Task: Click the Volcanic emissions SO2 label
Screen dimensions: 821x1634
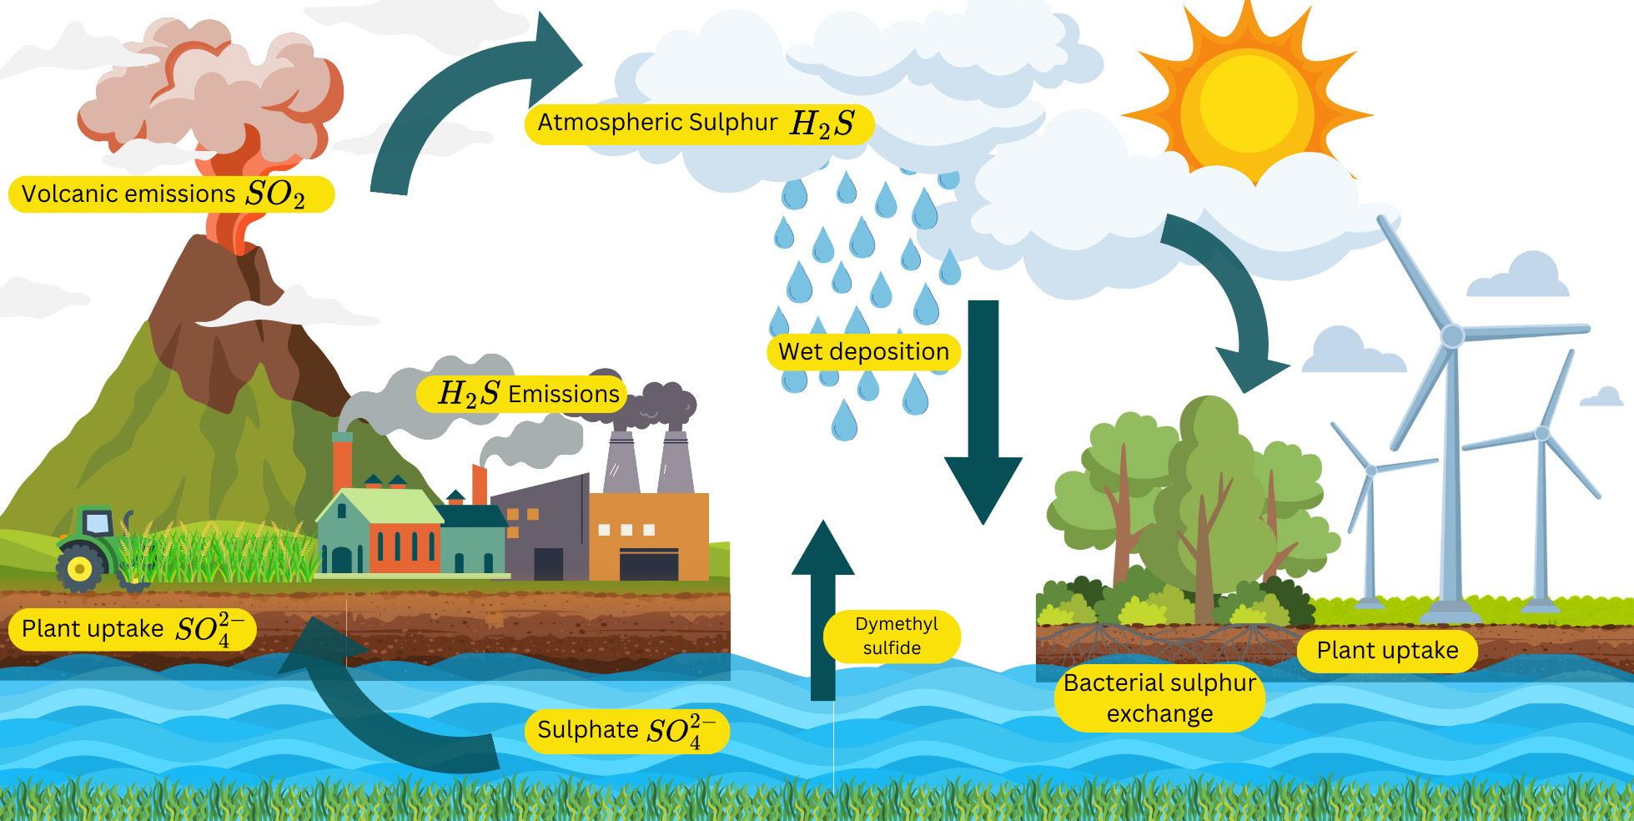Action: click(x=170, y=194)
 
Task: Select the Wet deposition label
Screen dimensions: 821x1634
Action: click(x=863, y=351)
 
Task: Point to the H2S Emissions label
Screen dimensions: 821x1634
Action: click(x=530, y=393)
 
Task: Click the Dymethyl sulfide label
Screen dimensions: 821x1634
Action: click(x=892, y=637)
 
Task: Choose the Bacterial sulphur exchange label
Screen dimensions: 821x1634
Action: click(x=1159, y=698)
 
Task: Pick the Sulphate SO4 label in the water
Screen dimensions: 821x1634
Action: click(x=627, y=731)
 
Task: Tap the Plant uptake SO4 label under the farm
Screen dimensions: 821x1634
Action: click(x=132, y=630)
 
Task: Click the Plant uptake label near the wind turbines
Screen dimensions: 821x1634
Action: click(x=1387, y=651)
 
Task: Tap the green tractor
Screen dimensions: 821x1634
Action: click(x=88, y=546)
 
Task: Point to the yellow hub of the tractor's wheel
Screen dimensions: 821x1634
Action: click(x=80, y=570)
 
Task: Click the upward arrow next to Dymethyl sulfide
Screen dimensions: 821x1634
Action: click(x=822, y=609)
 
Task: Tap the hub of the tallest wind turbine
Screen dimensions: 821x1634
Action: click(x=1452, y=335)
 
